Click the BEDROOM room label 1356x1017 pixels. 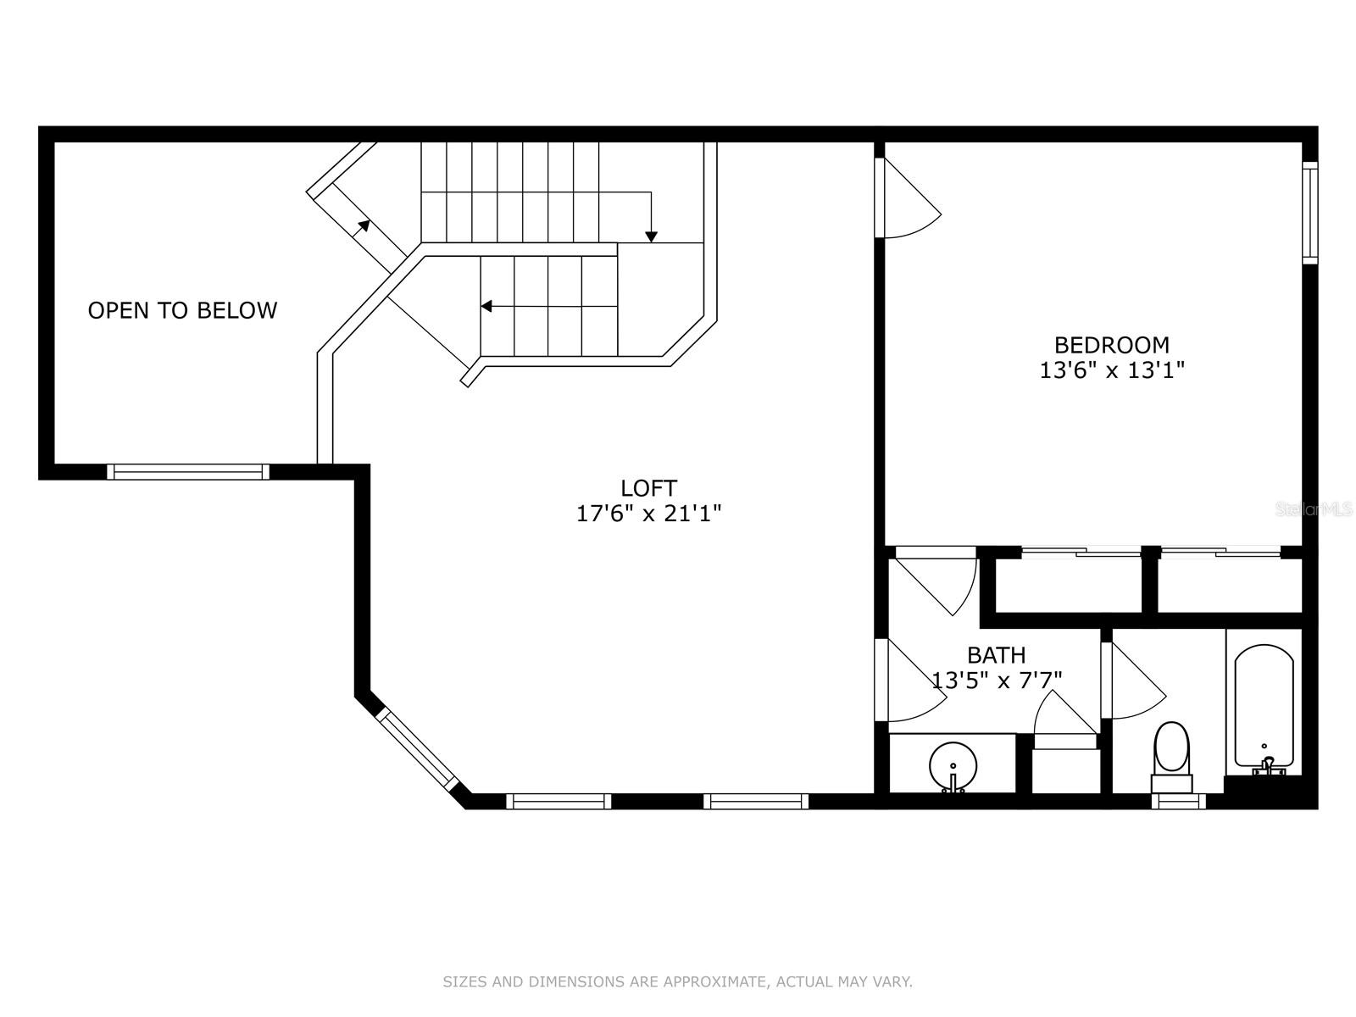1111,345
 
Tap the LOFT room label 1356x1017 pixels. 648,488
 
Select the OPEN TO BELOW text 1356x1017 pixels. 182,310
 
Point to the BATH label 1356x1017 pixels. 996,654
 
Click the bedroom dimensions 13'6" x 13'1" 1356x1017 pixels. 1112,370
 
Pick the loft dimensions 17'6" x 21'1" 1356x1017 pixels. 648,514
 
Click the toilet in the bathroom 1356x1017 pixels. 1171,757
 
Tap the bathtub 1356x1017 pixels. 1264,709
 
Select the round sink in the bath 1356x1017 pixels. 953,765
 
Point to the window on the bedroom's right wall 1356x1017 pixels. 1309,213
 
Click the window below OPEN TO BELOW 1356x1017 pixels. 188,472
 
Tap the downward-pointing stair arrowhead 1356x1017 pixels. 651,236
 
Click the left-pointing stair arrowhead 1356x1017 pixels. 486,306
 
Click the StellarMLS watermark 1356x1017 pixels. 1313,509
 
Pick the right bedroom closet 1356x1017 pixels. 1230,584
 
